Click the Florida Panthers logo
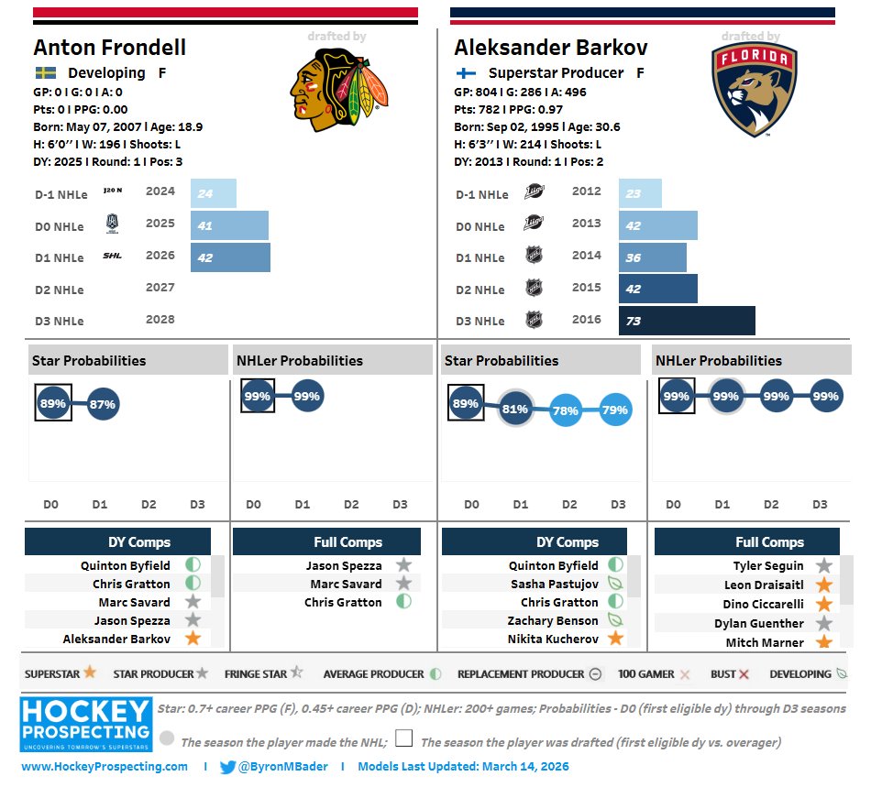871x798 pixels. click(754, 90)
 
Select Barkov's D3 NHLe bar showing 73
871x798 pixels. click(687, 321)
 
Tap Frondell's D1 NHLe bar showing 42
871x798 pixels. click(230, 257)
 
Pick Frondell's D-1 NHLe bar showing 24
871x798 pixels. click(214, 193)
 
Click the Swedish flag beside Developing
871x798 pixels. click(45, 73)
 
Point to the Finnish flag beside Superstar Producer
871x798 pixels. click(466, 73)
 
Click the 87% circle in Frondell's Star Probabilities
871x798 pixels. click(103, 404)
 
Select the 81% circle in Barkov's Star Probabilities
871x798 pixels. click(514, 409)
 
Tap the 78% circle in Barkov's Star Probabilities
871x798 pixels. click(565, 411)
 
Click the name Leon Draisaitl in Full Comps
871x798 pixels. click(765, 585)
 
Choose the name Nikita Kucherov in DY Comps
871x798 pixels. click(553, 639)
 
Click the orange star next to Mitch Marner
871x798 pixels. click(824, 642)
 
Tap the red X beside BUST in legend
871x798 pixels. click(744, 674)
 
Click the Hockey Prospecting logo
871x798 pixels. click(85, 724)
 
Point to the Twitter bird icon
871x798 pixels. click(228, 767)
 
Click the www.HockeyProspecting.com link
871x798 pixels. click(105, 767)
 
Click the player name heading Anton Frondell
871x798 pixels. click(109, 48)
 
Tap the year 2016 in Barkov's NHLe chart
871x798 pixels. click(586, 320)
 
